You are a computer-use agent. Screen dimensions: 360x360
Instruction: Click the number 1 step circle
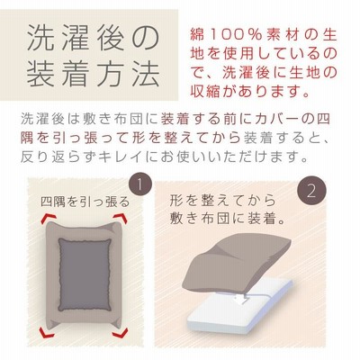139,184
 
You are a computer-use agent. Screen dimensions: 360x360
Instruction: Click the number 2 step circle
311,190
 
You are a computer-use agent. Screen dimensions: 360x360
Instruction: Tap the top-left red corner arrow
48,219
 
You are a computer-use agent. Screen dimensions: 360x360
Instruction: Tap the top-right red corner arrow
121,219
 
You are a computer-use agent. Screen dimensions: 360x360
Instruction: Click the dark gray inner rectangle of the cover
85,274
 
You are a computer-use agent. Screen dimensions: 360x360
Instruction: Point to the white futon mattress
240,303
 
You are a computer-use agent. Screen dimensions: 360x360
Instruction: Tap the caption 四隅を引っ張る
85,202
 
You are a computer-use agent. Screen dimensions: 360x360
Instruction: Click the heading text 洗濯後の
92,39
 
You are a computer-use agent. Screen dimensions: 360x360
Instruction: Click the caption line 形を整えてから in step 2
222,201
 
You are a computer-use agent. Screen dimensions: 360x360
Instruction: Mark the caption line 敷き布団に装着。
227,219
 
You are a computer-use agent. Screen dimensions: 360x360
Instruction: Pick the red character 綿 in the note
197,35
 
